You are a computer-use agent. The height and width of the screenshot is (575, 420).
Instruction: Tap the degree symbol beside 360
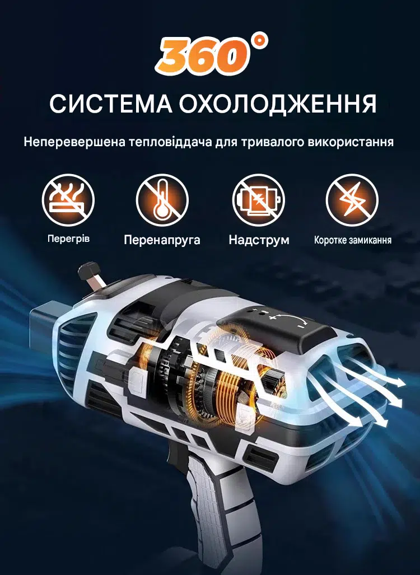coord(260,41)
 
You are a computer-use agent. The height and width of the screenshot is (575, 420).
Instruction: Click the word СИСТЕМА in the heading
coord(111,104)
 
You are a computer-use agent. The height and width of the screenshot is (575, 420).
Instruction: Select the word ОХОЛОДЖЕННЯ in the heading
coord(278,104)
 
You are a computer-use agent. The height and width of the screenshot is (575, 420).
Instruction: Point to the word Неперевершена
coord(75,142)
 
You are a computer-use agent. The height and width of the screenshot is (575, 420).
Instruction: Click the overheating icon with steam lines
coord(68,200)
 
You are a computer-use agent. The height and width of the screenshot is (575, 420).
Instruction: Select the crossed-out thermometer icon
coord(162,200)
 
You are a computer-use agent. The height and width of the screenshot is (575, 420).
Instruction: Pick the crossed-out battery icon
coord(259,200)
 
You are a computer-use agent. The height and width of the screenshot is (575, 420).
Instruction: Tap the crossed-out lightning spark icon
coord(352,200)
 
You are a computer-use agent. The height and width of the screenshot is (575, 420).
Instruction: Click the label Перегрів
coord(68,239)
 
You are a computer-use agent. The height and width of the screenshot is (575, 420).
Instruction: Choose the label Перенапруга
coord(162,240)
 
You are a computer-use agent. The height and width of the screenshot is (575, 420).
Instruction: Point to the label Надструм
coord(259,240)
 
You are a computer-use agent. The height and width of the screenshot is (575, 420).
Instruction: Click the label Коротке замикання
coord(353,240)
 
